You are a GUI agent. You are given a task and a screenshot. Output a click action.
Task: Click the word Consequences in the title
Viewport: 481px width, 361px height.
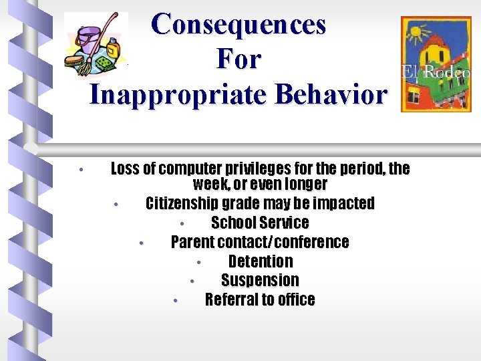(238, 25)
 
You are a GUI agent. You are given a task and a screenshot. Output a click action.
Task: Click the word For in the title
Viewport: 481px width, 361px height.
(238, 59)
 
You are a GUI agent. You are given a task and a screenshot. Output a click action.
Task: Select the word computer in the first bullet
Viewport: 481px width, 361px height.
(192, 168)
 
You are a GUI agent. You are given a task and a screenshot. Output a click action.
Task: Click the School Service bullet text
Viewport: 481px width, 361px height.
(260, 223)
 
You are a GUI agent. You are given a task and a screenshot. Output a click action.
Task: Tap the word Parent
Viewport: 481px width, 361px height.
(194, 242)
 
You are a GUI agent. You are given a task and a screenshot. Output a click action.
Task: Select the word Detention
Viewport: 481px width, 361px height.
(261, 261)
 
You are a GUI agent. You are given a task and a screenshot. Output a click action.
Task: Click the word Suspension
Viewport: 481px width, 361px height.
(260, 281)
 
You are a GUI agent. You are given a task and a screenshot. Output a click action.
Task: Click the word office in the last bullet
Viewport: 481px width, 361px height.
(298, 300)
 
